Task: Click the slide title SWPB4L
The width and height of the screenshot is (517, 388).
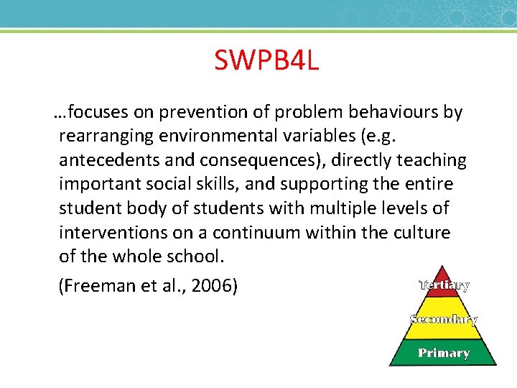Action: pos(266,60)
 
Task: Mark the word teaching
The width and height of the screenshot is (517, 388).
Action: pos(430,160)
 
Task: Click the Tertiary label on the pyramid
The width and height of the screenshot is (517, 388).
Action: pos(444,285)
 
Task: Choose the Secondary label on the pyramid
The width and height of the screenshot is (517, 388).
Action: pos(443,319)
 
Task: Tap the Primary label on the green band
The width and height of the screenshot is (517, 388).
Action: pos(444,353)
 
